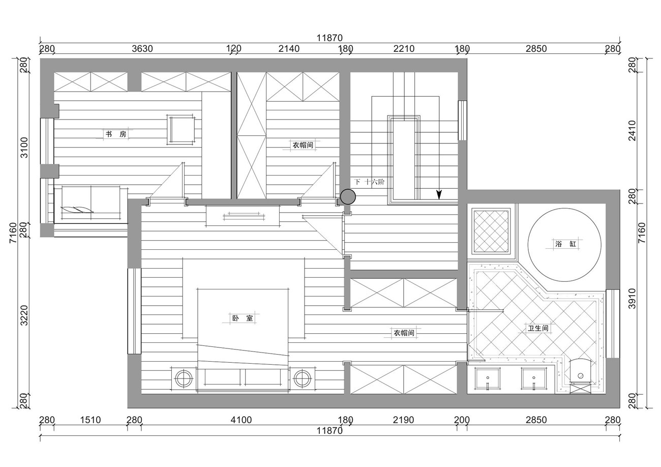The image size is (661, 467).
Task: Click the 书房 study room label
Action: [x=116, y=134]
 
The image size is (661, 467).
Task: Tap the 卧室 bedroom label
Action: [x=243, y=318]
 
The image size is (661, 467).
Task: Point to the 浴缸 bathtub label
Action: [x=565, y=244]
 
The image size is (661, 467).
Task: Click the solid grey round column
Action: [x=348, y=196]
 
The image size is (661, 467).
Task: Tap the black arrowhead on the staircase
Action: [x=439, y=194]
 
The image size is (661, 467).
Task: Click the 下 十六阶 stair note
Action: [x=369, y=182]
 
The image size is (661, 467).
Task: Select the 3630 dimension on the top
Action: [x=142, y=49]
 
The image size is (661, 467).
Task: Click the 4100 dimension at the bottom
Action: [x=241, y=420]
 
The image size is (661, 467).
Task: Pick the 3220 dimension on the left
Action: [x=24, y=315]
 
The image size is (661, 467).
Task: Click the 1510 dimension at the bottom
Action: [x=91, y=420]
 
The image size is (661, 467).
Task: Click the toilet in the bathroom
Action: [x=580, y=375]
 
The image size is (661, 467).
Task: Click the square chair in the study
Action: [x=181, y=130]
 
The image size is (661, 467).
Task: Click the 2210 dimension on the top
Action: [x=404, y=49]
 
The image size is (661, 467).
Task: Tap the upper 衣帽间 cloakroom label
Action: [x=303, y=145]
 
